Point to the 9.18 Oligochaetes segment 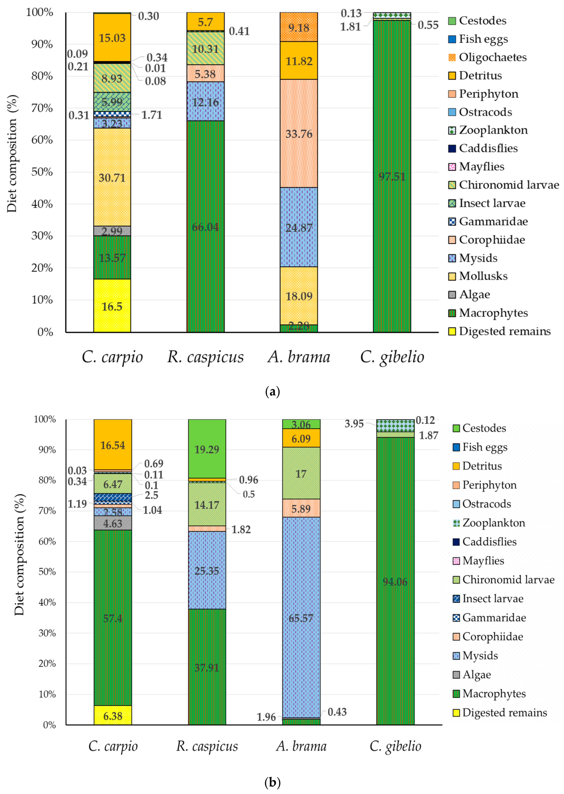[x=299, y=27]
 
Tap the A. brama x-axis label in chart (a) [x=299, y=357]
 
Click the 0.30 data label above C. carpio [x=148, y=16]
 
